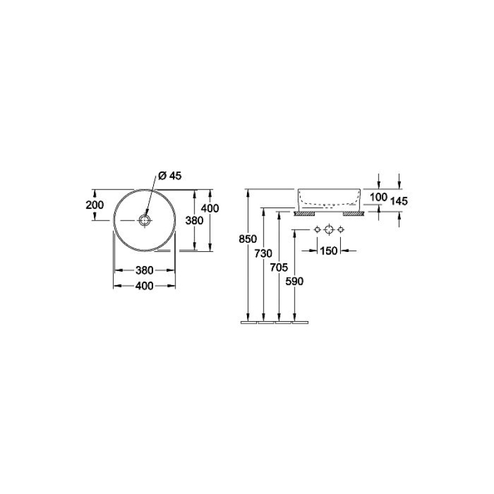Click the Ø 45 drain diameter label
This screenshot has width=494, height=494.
tap(170, 176)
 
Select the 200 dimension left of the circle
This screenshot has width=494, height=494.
tap(94, 205)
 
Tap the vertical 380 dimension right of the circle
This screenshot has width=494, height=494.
tap(194, 220)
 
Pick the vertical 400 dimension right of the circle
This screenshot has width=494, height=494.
tap(210, 208)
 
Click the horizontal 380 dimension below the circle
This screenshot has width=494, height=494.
tap(144, 270)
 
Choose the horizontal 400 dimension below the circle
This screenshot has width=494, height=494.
tap(144, 286)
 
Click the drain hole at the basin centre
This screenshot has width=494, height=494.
tap(145, 220)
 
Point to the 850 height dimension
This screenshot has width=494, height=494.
tap(248, 239)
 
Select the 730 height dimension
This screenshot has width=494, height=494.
tap(263, 253)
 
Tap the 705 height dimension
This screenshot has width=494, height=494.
tap(279, 267)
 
